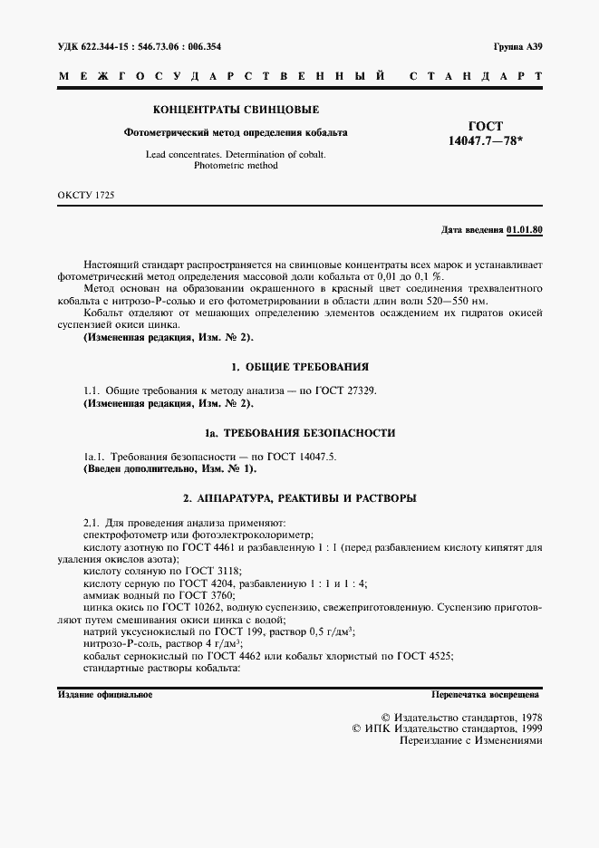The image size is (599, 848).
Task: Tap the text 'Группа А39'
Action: [517, 45]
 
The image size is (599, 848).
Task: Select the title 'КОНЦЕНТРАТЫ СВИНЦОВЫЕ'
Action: [236, 110]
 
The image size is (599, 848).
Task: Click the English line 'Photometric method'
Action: [236, 166]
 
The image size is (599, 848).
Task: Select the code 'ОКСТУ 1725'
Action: [86, 195]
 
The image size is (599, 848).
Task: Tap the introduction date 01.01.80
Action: [525, 231]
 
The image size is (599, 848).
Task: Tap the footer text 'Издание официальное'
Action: [104, 695]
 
